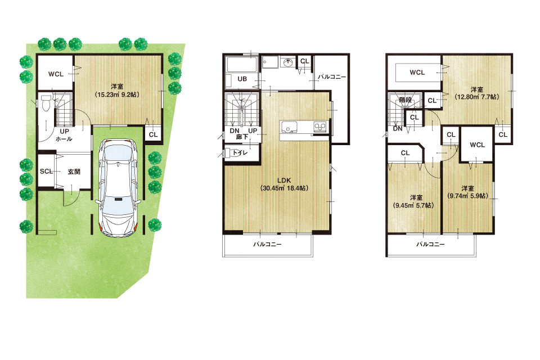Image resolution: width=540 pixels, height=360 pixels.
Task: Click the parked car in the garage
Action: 118,188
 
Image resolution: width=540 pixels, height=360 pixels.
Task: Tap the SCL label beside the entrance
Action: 46,171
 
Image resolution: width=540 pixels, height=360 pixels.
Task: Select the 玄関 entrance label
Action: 74,171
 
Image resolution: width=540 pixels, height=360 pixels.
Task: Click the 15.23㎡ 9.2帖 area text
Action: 117,94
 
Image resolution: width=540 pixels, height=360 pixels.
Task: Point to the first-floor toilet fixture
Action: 46,103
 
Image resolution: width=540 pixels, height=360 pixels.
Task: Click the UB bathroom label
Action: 242,79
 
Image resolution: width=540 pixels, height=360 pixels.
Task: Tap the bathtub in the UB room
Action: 241,65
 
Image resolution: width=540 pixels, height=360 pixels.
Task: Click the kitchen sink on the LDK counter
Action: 289,127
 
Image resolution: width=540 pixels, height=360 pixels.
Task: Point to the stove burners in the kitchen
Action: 320,127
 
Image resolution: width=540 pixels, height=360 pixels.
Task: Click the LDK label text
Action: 283,180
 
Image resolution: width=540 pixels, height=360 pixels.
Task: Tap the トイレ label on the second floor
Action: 240,152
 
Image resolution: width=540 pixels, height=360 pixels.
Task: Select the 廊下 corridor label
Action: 242,137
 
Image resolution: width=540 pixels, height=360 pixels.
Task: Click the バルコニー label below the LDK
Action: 267,244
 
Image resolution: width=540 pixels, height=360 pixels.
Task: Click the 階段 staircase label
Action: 406,100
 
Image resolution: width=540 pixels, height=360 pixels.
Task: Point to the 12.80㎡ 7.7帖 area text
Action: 476,97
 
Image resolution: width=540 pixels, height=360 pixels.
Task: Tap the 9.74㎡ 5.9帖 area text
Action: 467,196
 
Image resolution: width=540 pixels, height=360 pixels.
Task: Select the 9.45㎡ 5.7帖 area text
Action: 413,205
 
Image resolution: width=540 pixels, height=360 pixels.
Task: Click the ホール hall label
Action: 64,139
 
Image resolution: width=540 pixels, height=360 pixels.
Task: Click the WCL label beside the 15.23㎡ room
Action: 56,74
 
